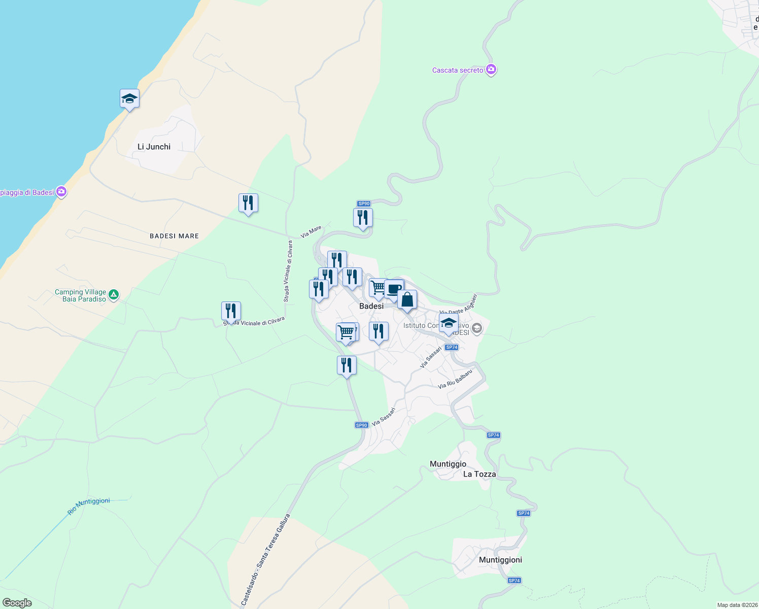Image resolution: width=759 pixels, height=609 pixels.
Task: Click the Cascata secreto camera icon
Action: pyautogui.click(x=491, y=70)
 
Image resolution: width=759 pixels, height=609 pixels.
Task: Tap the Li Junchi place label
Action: pyautogui.click(x=154, y=147)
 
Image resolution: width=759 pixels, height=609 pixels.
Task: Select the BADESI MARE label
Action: pyautogui.click(x=174, y=236)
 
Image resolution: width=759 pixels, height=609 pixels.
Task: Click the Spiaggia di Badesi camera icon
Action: pyautogui.click(x=61, y=192)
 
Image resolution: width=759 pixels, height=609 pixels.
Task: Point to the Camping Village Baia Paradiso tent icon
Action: pyautogui.click(x=114, y=294)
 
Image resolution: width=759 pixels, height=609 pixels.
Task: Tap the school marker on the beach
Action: pyautogui.click(x=129, y=99)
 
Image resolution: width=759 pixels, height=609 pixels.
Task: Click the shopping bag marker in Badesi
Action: pyautogui.click(x=407, y=300)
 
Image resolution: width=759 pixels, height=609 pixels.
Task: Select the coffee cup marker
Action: pyautogui.click(x=394, y=289)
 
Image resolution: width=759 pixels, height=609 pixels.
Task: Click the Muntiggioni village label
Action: pyautogui.click(x=500, y=560)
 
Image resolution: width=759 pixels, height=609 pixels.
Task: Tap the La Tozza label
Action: pyautogui.click(x=479, y=474)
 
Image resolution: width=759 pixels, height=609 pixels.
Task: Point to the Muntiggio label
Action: pyautogui.click(x=447, y=464)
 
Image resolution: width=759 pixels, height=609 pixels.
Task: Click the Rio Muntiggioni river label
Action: pyautogui.click(x=89, y=506)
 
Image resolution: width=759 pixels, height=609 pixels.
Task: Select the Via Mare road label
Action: pyautogui.click(x=311, y=232)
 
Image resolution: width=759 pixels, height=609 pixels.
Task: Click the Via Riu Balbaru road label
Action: pyautogui.click(x=455, y=379)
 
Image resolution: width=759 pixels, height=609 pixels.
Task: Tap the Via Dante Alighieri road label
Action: pyautogui.click(x=459, y=304)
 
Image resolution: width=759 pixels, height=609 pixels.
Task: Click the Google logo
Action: pyautogui.click(x=17, y=603)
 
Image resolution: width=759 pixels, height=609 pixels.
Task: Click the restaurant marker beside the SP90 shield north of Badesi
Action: pyautogui.click(x=363, y=218)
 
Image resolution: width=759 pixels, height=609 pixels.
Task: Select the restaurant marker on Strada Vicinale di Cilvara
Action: pyautogui.click(x=231, y=311)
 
